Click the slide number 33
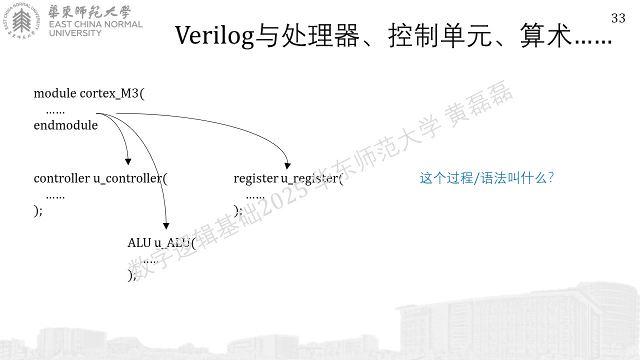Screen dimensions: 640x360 pyautogui.click(x=618, y=18)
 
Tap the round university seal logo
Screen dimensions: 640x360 pyautogui.click(x=21, y=21)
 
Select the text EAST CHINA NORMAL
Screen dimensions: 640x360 pyautogui.click(x=95, y=24)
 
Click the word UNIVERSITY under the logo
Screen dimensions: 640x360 pyautogui.click(x=75, y=33)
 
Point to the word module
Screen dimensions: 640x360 pyautogui.click(x=55, y=93)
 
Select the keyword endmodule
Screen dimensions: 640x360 pyautogui.click(x=65, y=125)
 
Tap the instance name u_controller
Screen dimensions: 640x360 pyautogui.click(x=127, y=178)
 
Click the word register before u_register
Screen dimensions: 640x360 pyautogui.click(x=255, y=179)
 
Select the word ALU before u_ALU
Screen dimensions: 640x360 pyautogui.click(x=139, y=243)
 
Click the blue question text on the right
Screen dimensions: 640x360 pyautogui.click(x=487, y=178)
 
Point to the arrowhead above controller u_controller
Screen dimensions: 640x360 pyautogui.click(x=128, y=161)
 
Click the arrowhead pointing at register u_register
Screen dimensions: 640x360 pyautogui.click(x=287, y=165)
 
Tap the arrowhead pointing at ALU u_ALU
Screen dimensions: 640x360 pyautogui.click(x=166, y=226)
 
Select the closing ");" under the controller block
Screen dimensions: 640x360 pyautogui.click(x=38, y=211)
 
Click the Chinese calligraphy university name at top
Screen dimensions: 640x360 pyautogui.click(x=89, y=12)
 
